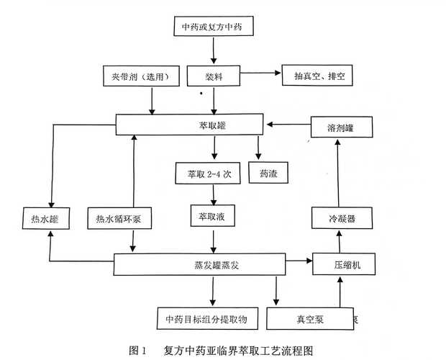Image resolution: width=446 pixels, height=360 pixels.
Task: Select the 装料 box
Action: pos(212,76)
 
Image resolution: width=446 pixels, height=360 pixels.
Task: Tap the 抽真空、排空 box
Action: pos(318,76)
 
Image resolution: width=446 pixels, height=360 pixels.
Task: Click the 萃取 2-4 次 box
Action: pos(203,174)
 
